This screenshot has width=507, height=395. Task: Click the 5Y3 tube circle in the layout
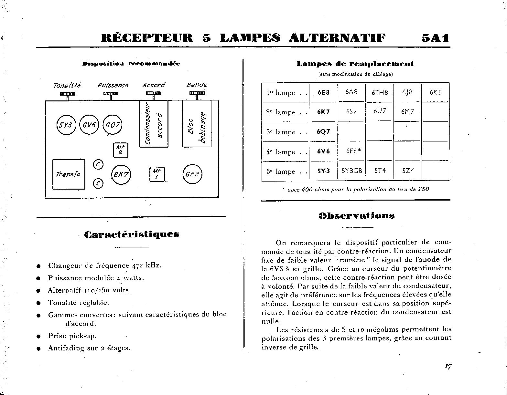(66, 125)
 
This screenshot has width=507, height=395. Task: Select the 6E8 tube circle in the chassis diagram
(192, 174)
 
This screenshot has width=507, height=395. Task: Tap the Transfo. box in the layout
(69, 174)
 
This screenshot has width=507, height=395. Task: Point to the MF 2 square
(120, 150)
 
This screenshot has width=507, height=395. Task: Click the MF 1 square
(157, 174)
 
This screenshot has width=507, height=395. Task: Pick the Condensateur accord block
(154, 124)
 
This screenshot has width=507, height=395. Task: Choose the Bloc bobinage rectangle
(197, 124)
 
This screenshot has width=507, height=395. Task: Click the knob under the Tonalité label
(67, 94)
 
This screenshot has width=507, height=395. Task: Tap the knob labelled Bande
(197, 94)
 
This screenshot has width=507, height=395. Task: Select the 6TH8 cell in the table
(380, 92)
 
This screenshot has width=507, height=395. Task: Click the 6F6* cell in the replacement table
(351, 151)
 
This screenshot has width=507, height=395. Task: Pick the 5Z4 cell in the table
(408, 171)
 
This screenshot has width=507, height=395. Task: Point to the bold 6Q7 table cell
(323, 132)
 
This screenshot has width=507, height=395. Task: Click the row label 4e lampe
(281, 152)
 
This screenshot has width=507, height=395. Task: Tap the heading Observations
(356, 216)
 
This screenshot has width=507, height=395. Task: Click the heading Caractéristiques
(132, 234)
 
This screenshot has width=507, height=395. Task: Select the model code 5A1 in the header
(435, 38)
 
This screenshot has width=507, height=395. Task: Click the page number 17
(448, 366)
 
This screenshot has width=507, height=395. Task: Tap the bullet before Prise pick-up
(38, 336)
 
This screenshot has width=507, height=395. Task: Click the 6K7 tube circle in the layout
(120, 175)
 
